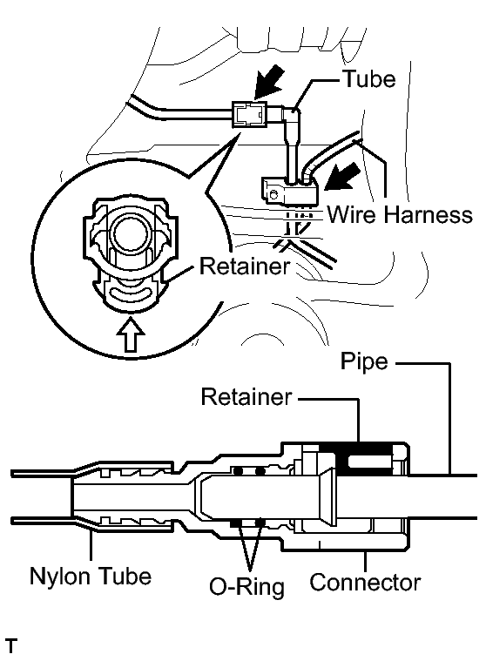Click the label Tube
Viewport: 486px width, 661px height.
point(369,79)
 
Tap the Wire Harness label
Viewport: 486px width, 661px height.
point(400,214)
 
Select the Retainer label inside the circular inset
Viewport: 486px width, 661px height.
point(245,266)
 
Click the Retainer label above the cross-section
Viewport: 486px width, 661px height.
point(246,396)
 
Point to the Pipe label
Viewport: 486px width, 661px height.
point(364,362)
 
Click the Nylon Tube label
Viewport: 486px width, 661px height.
point(91,576)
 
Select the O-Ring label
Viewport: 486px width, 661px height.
point(247,587)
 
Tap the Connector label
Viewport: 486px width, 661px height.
point(365,583)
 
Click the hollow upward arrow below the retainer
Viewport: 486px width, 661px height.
point(132,334)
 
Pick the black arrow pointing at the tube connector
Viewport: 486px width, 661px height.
point(268,82)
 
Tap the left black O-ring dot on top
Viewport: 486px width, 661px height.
point(240,470)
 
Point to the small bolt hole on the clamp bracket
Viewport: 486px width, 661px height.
point(274,194)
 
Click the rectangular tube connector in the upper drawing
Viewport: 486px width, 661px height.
point(249,114)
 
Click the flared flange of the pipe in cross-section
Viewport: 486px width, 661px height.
point(328,497)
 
